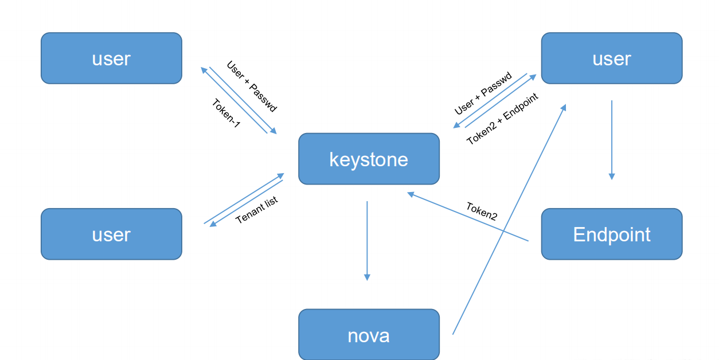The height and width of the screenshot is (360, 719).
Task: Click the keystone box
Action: tap(369, 159)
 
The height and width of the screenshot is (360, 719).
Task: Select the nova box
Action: tap(369, 335)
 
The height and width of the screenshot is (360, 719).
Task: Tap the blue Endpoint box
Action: tap(611, 234)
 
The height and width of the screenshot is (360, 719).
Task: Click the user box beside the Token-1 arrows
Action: tap(111, 58)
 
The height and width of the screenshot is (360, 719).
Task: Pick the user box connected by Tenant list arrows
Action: tap(111, 234)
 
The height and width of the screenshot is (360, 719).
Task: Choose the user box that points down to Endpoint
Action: tap(611, 58)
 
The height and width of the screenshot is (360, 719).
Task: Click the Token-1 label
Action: tap(225, 113)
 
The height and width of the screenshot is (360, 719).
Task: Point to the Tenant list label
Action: tap(256, 210)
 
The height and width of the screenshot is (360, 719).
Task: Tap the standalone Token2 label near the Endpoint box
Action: tap(481, 211)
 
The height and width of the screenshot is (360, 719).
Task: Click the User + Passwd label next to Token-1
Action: tap(252, 87)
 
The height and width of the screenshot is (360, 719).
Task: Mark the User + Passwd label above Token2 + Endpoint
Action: tap(491, 94)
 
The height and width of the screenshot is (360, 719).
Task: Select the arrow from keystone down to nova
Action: tap(367, 241)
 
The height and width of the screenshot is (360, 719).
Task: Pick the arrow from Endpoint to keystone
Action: tap(467, 217)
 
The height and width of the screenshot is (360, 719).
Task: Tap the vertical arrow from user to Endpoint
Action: tap(611, 140)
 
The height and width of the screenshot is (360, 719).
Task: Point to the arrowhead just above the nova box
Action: tap(367, 277)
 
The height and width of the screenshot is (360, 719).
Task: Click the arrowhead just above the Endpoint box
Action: tap(611, 176)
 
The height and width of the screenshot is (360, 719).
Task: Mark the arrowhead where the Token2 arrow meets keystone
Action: tap(411, 194)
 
